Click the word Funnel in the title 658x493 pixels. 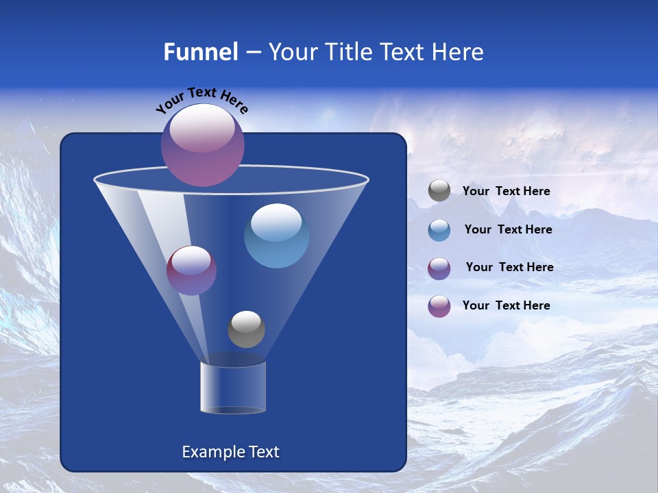click(x=200, y=52)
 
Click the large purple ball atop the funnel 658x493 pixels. click(x=202, y=144)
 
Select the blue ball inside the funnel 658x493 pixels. click(x=276, y=236)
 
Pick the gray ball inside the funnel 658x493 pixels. click(x=246, y=329)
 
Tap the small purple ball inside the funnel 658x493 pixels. click(x=191, y=270)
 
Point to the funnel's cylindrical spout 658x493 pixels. click(x=233, y=388)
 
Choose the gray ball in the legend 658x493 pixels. click(x=439, y=191)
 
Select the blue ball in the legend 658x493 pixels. click(x=439, y=230)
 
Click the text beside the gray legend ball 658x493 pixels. click(x=506, y=192)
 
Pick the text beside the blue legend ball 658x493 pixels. click(x=508, y=230)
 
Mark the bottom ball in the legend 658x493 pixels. click(x=439, y=306)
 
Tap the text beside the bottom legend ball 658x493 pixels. click(x=506, y=305)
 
